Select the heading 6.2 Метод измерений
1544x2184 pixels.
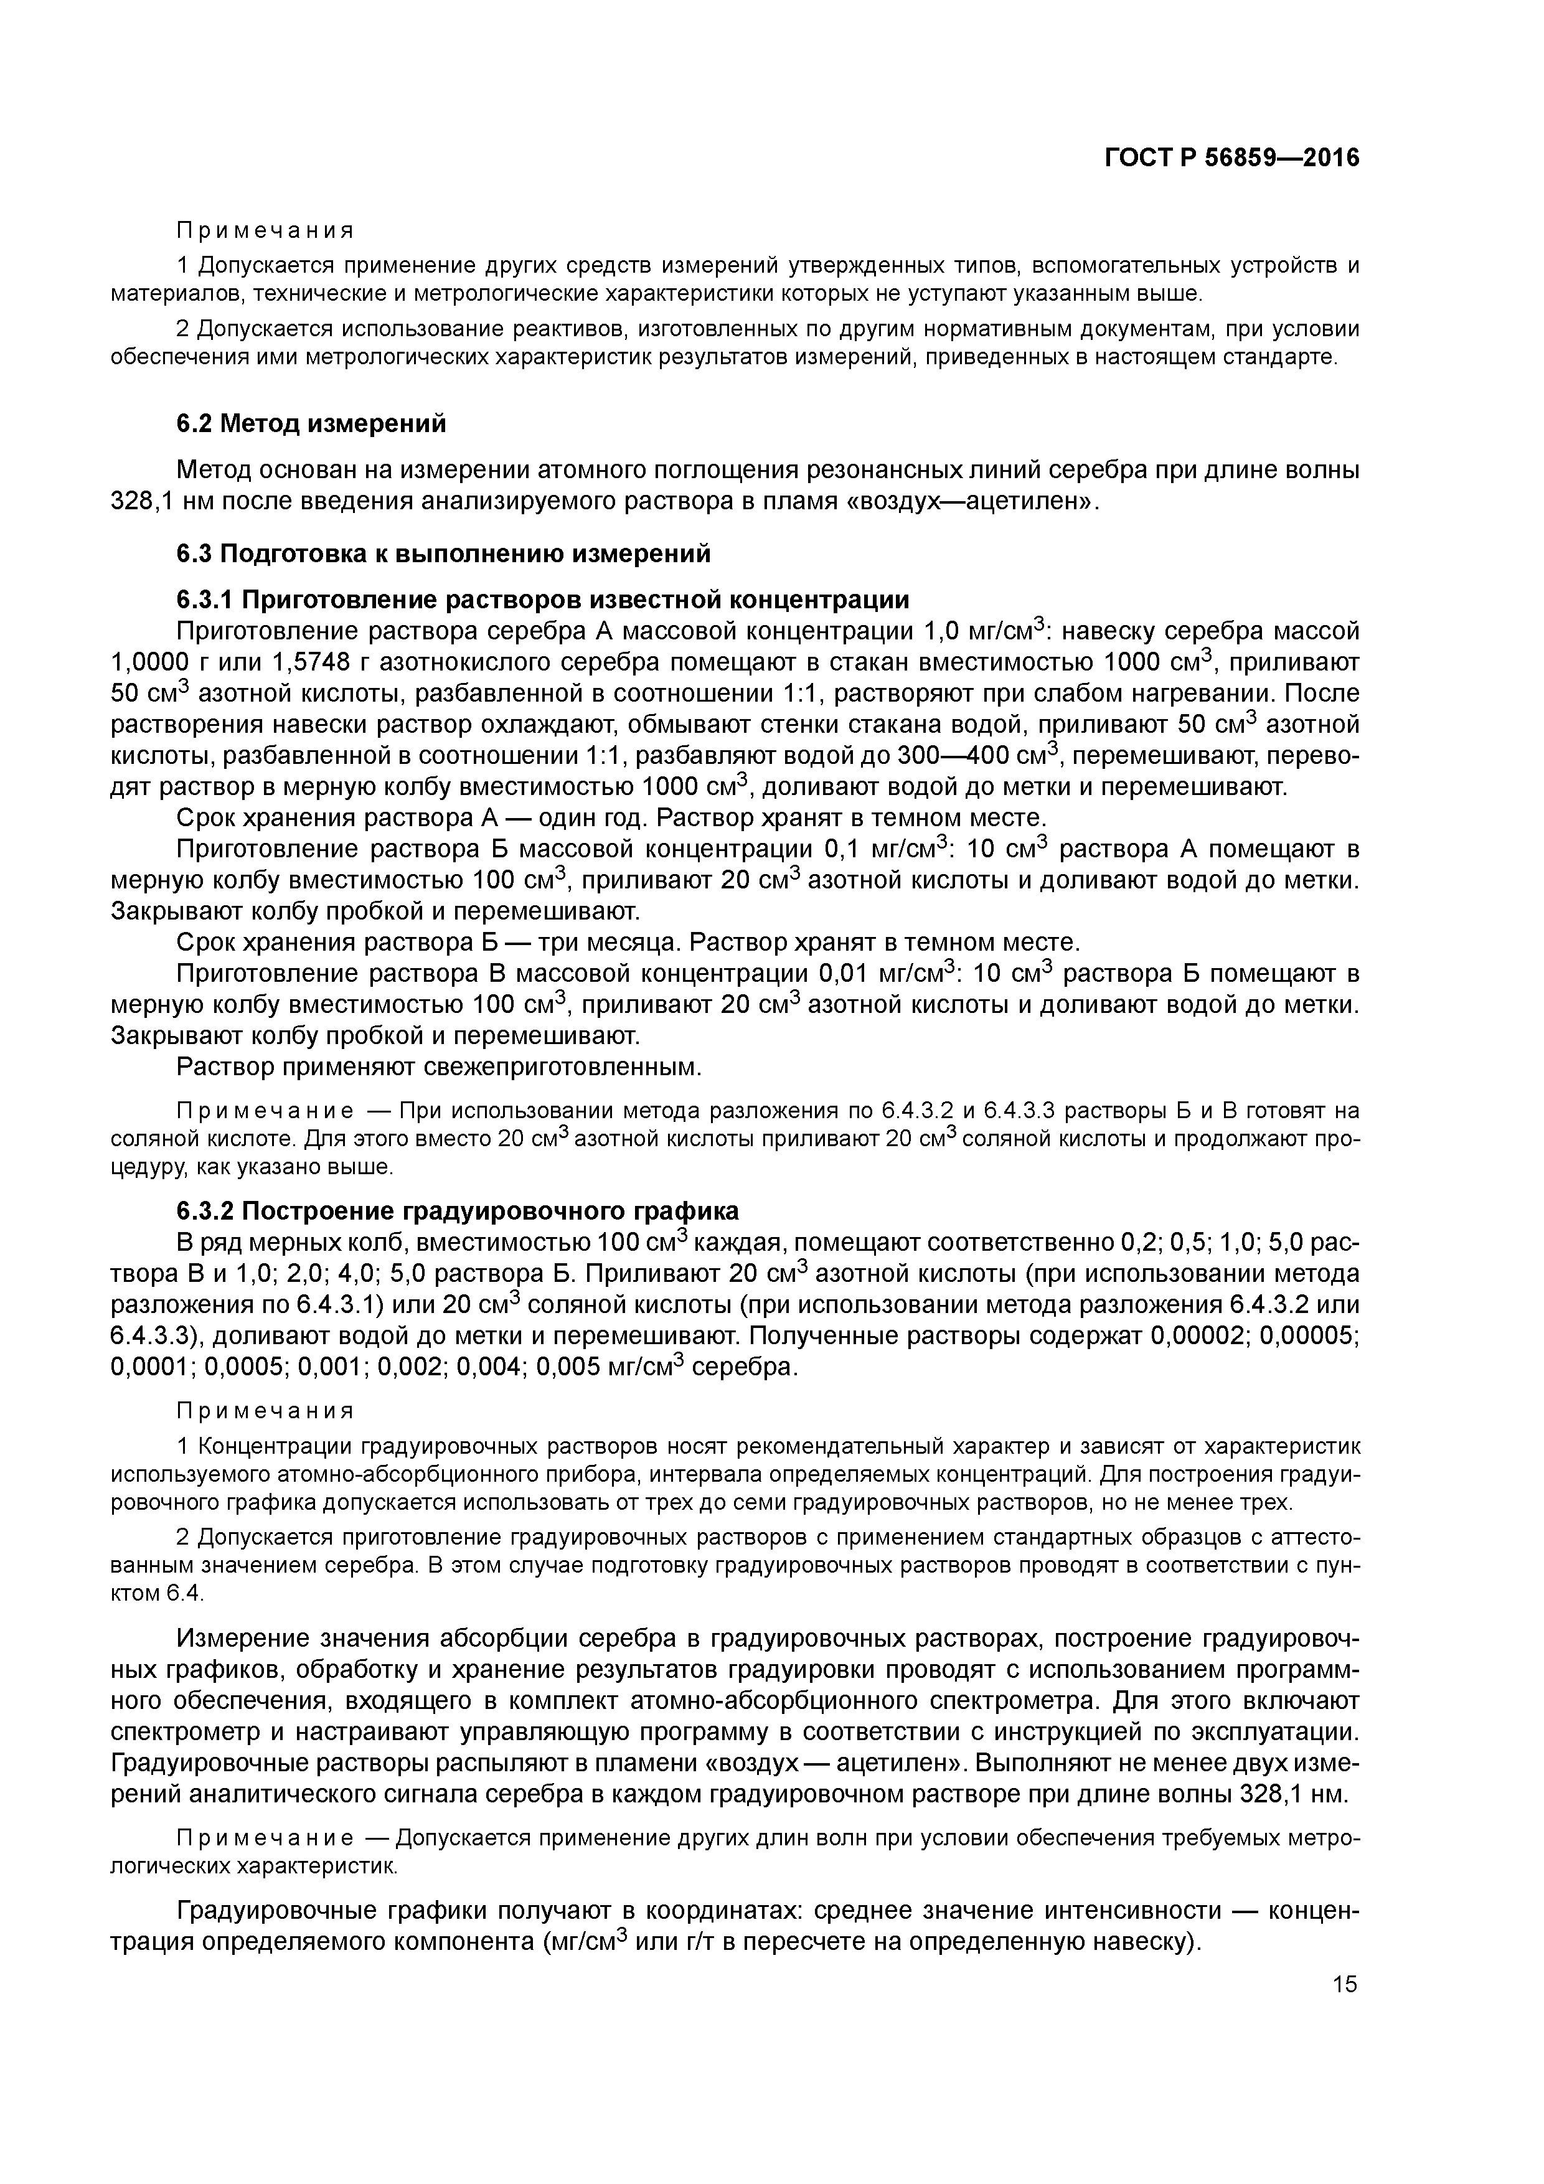point(311,423)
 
